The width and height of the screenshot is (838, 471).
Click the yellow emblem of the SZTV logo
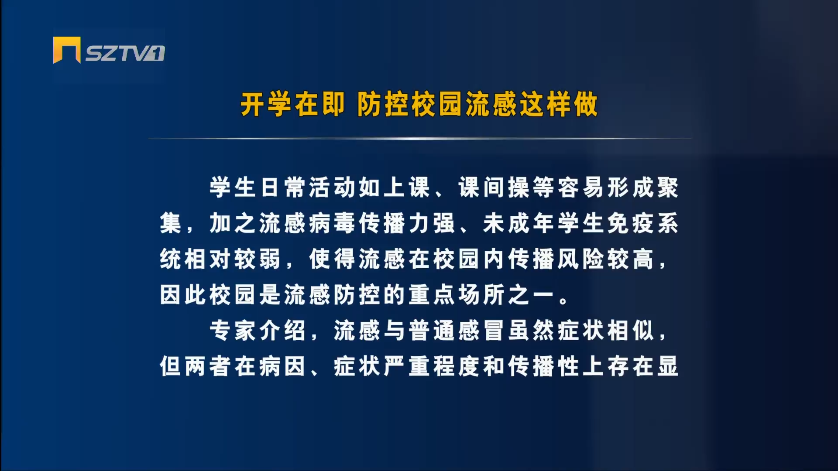tap(67, 50)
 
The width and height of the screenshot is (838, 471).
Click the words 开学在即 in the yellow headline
tap(292, 105)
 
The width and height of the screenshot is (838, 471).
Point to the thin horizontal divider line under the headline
tap(420, 138)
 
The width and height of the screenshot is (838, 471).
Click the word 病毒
tap(333, 223)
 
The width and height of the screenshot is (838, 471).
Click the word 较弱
tap(258, 259)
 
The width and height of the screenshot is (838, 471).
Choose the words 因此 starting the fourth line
tap(183, 295)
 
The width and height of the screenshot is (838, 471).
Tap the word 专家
tap(233, 330)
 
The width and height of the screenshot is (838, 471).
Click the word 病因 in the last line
tap(283, 366)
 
